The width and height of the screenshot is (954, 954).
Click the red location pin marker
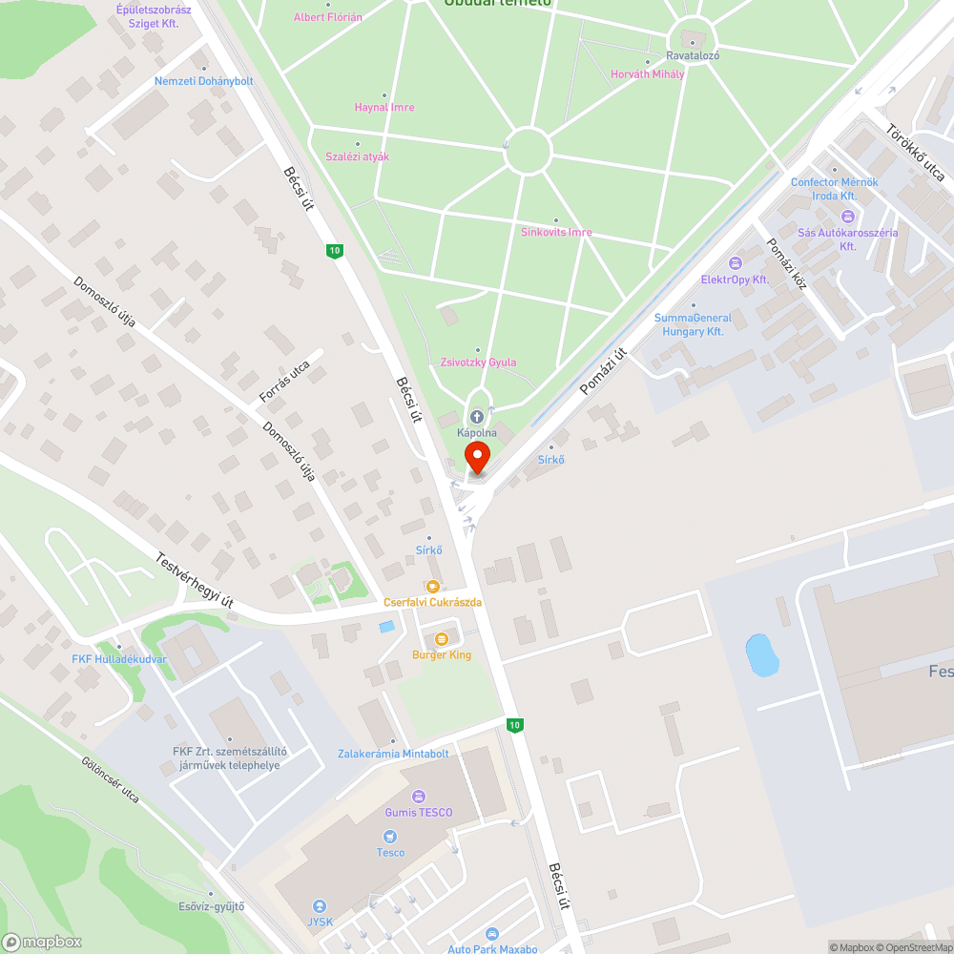tap(476, 455)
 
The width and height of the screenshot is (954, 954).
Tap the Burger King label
tap(442, 654)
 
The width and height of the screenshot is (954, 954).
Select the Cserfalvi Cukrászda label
tap(432, 602)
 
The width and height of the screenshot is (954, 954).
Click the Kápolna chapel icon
tap(476, 417)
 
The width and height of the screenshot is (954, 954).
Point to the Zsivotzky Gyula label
tap(478, 363)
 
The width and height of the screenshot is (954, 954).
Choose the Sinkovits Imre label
tap(556, 232)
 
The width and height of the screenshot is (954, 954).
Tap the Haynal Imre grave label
tap(384, 107)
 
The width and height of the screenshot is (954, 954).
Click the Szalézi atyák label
tap(358, 156)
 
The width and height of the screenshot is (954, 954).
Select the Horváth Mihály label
tap(648, 74)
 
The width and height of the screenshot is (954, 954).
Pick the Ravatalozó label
tap(693, 55)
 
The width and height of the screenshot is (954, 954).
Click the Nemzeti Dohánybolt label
tap(204, 81)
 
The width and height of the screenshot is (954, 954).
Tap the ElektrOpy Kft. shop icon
tap(735, 263)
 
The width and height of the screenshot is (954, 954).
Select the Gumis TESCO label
tap(418, 812)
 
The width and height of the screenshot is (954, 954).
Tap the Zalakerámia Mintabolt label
tap(393, 753)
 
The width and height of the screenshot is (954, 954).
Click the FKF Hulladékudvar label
tap(119, 658)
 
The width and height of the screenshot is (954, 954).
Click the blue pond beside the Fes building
tap(761, 655)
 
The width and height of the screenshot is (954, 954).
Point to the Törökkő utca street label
tap(915, 153)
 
